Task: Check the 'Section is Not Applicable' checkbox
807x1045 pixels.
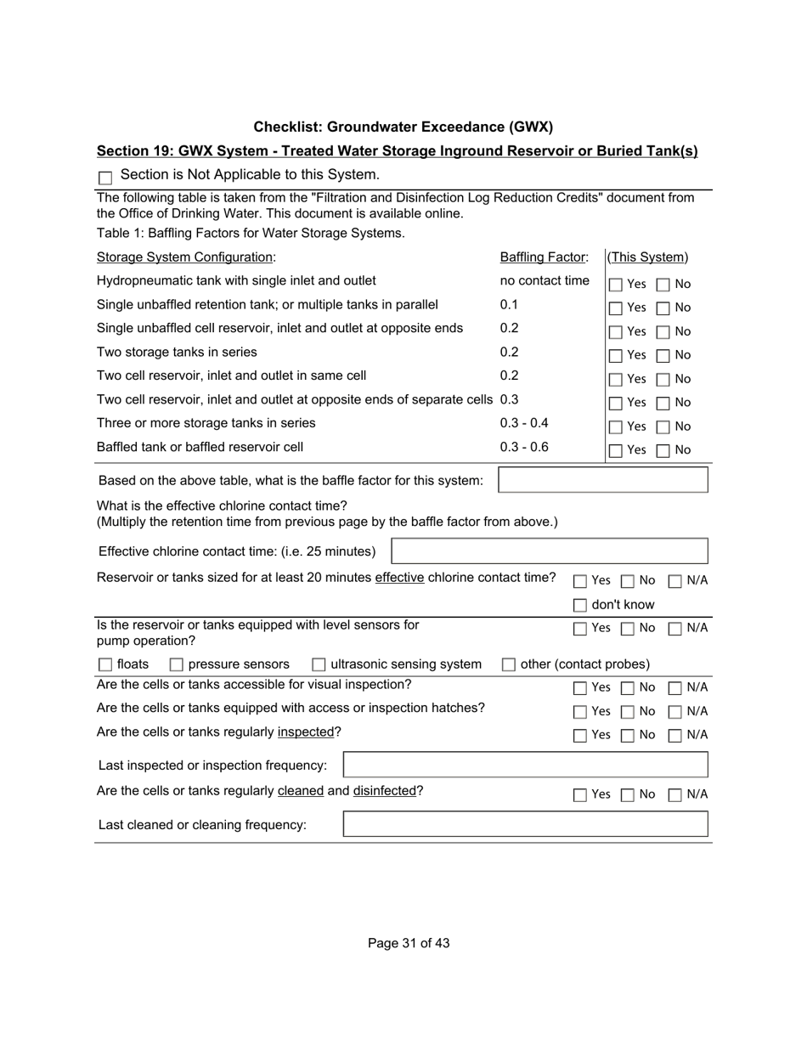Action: (105, 178)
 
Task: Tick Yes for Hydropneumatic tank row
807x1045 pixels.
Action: (616, 285)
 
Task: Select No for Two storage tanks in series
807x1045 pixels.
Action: (663, 355)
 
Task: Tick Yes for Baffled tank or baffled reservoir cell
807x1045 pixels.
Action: (616, 450)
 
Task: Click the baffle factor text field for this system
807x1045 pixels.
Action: (602, 480)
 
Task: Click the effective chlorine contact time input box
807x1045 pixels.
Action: (549, 551)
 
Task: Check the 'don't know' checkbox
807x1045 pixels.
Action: (579, 605)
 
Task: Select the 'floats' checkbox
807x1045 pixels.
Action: (105, 664)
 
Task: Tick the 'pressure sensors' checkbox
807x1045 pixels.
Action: (177, 664)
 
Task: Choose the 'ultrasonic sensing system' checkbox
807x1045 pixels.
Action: (319, 664)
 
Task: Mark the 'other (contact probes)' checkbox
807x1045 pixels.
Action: (508, 664)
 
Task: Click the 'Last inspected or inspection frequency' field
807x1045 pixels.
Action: (525, 765)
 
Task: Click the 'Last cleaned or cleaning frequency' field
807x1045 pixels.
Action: (525, 824)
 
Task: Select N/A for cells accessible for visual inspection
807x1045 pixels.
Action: (675, 687)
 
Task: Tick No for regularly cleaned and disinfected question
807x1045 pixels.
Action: (628, 795)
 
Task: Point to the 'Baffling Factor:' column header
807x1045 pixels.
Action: (544, 257)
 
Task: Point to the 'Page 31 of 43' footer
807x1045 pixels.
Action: (409, 943)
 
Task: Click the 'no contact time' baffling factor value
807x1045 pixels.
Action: (545, 281)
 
